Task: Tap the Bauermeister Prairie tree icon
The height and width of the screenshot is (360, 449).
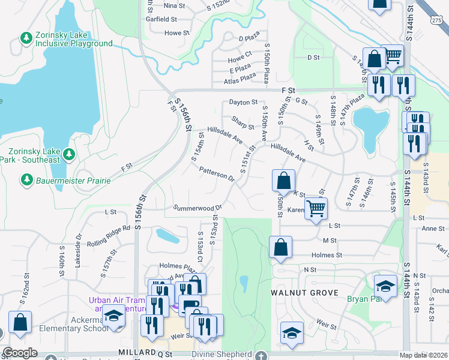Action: (x=26, y=179)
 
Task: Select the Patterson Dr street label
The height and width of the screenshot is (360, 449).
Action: (x=217, y=173)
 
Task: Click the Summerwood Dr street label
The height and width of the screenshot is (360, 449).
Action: (x=197, y=208)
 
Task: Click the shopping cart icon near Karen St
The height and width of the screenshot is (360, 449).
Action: (x=316, y=209)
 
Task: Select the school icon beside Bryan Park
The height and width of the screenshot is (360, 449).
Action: (x=385, y=286)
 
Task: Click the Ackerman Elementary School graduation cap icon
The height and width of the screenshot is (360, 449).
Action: (x=113, y=316)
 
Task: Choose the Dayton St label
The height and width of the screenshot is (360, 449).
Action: (x=243, y=103)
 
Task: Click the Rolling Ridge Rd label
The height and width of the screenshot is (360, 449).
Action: (x=109, y=232)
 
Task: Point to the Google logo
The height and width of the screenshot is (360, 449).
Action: (x=20, y=353)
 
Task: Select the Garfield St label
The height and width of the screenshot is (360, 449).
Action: (x=160, y=19)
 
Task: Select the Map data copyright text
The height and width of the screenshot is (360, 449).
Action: (x=424, y=355)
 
